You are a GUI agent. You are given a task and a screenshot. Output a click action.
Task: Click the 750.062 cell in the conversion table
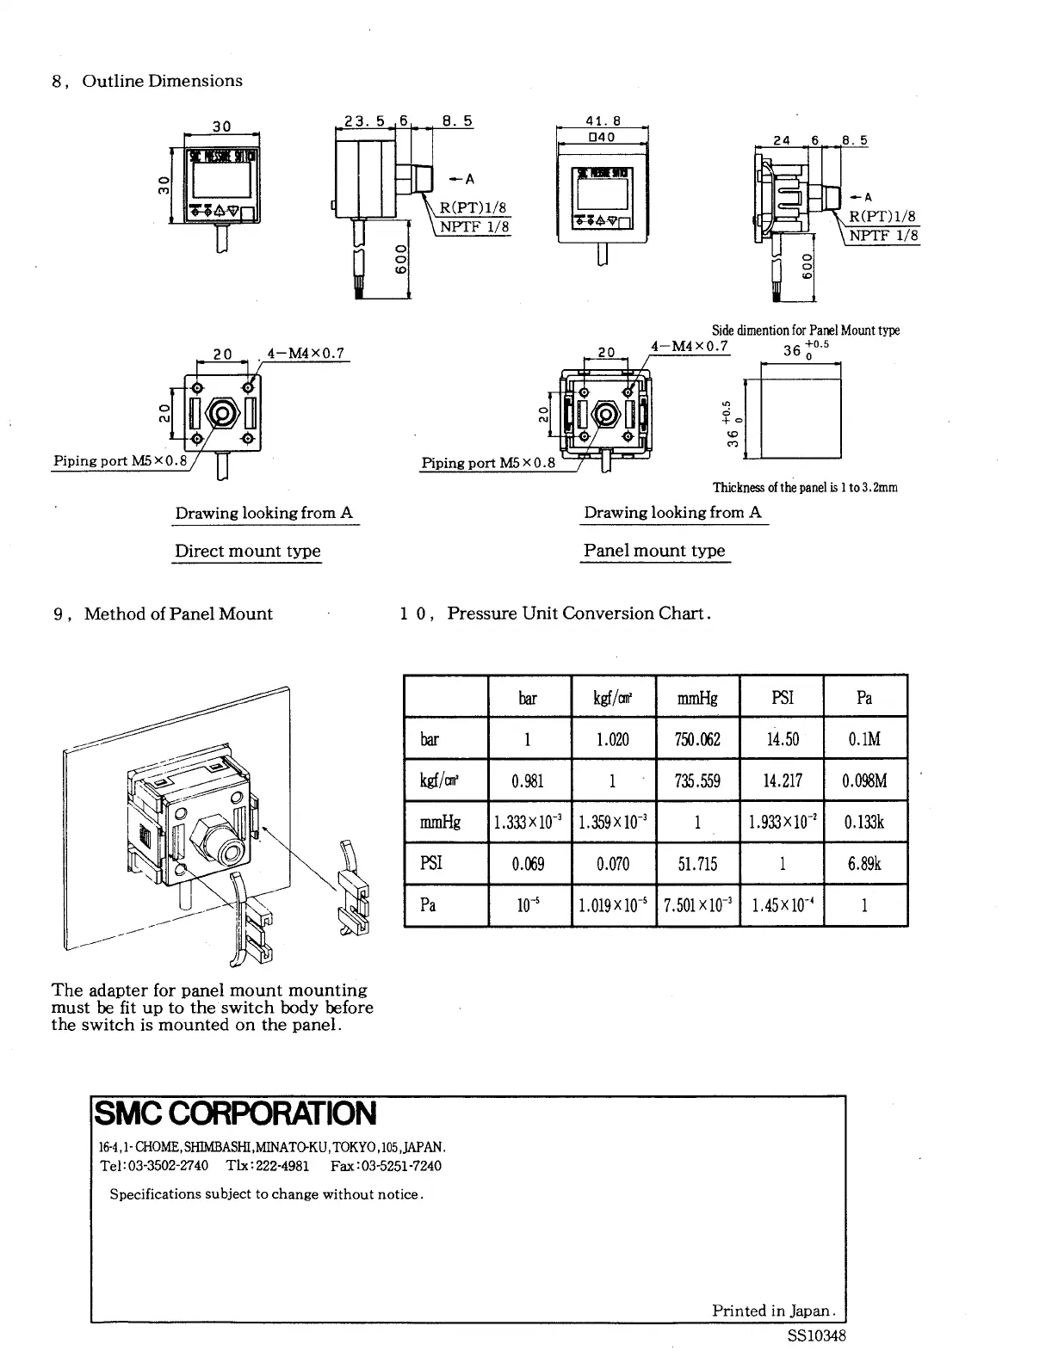click(697, 739)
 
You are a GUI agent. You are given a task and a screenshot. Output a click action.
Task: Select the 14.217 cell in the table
click(782, 780)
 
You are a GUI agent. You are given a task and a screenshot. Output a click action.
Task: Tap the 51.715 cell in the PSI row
click(697, 863)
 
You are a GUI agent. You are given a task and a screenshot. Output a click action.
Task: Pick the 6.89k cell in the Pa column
click(865, 863)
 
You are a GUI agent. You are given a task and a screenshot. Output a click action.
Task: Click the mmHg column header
click(697, 698)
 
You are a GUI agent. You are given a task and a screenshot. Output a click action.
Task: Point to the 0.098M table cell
click(865, 780)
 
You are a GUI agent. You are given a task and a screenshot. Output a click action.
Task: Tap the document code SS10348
click(816, 1336)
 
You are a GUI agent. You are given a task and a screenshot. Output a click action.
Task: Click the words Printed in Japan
click(772, 1311)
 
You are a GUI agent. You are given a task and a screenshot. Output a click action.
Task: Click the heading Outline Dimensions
click(162, 81)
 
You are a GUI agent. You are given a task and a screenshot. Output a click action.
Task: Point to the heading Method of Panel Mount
click(177, 614)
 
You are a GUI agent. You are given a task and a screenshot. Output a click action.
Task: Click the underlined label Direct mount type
click(247, 551)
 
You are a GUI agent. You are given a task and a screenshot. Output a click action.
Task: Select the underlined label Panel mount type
click(654, 550)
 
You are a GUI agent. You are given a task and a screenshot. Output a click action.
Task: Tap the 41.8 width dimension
click(603, 121)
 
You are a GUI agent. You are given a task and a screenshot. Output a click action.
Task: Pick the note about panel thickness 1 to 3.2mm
click(804, 487)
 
